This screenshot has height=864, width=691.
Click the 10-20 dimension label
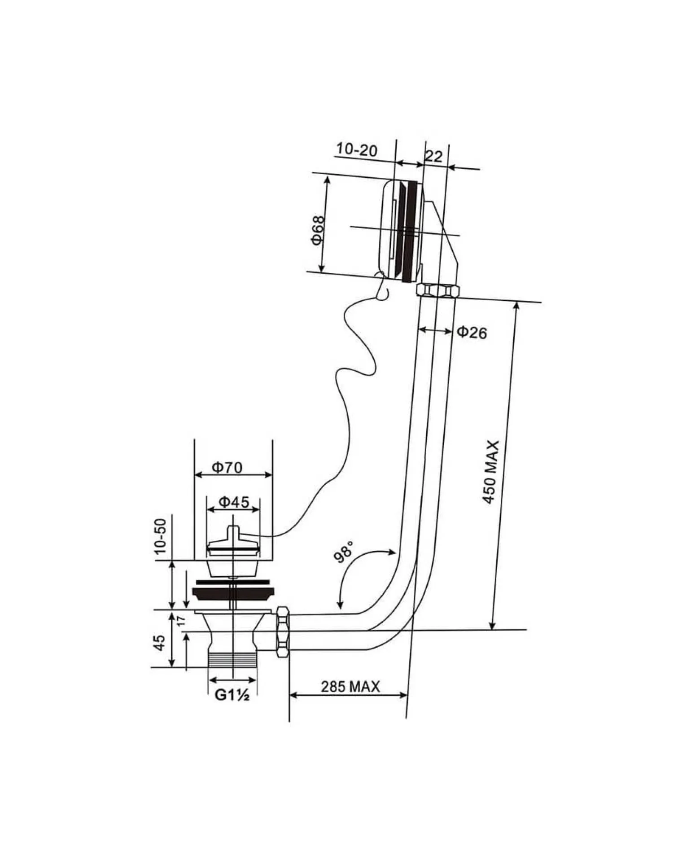(357, 149)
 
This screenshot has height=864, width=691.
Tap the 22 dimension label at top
(433, 156)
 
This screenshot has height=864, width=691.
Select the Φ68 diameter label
(317, 231)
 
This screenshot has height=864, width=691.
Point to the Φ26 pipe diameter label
(472, 332)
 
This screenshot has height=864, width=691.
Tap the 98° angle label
(344, 551)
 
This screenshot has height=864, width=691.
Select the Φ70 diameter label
(227, 468)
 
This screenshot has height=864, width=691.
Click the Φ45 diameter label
(233, 502)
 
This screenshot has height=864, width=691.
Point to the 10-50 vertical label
(160, 535)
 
